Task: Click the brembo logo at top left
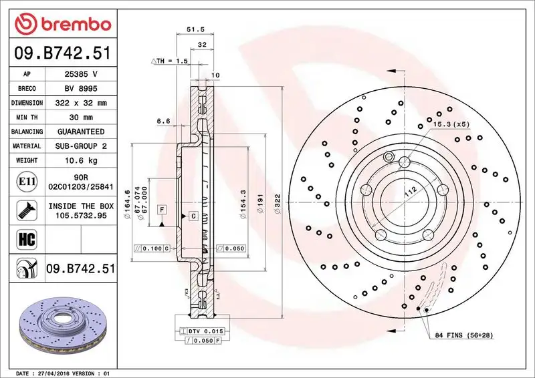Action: pos(62,25)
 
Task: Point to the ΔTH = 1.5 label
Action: pos(171,61)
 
